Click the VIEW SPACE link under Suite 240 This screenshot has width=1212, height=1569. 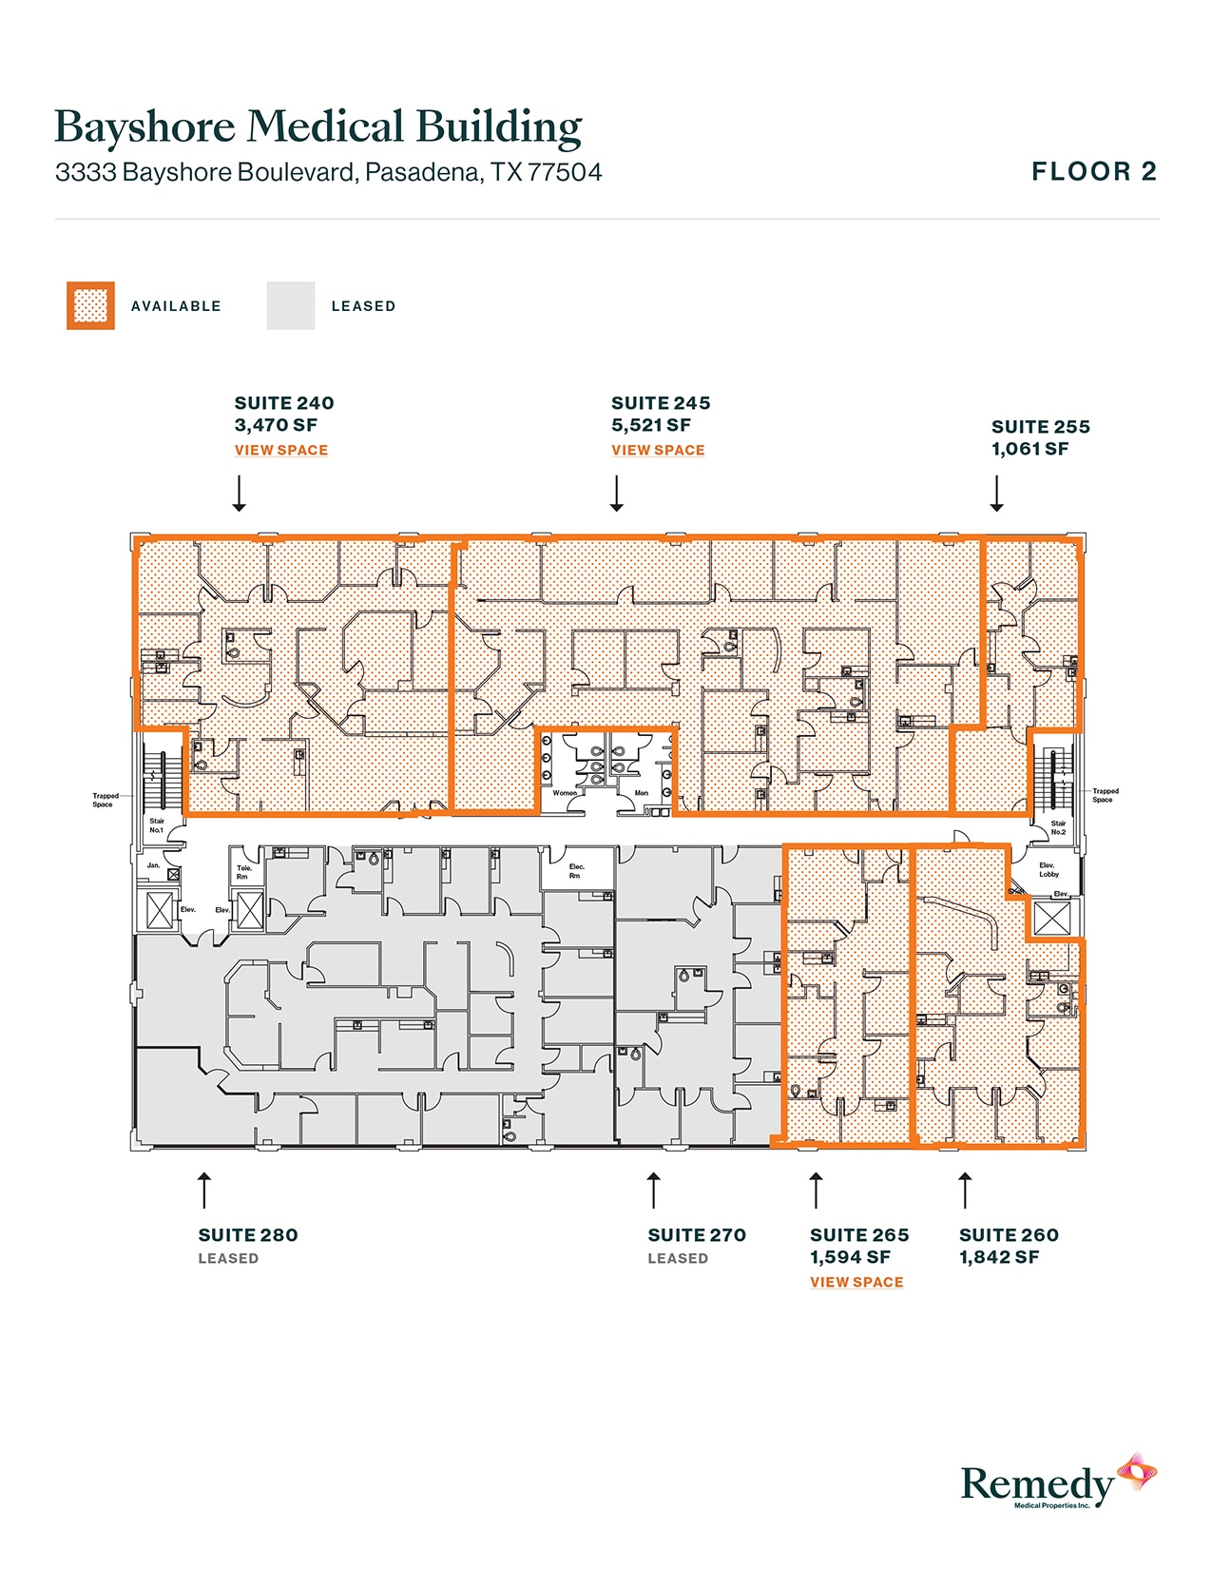281,450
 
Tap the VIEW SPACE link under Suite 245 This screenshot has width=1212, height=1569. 658,450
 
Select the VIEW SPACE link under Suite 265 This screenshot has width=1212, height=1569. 856,1282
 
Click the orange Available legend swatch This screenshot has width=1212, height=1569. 90,306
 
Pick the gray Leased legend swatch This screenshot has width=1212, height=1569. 291,306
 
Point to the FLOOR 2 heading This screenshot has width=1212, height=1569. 1094,172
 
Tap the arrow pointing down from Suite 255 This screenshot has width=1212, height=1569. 996,494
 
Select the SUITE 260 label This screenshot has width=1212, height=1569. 1009,1235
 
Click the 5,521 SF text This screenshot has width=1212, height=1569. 651,425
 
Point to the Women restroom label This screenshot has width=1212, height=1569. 565,792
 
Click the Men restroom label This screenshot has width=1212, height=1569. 642,792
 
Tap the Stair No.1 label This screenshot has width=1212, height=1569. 157,825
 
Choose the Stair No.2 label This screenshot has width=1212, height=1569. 1058,827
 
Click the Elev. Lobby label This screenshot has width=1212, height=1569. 1048,869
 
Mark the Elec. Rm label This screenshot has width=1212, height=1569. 576,870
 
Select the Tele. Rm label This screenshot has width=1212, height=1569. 243,872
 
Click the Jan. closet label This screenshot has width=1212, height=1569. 153,865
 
